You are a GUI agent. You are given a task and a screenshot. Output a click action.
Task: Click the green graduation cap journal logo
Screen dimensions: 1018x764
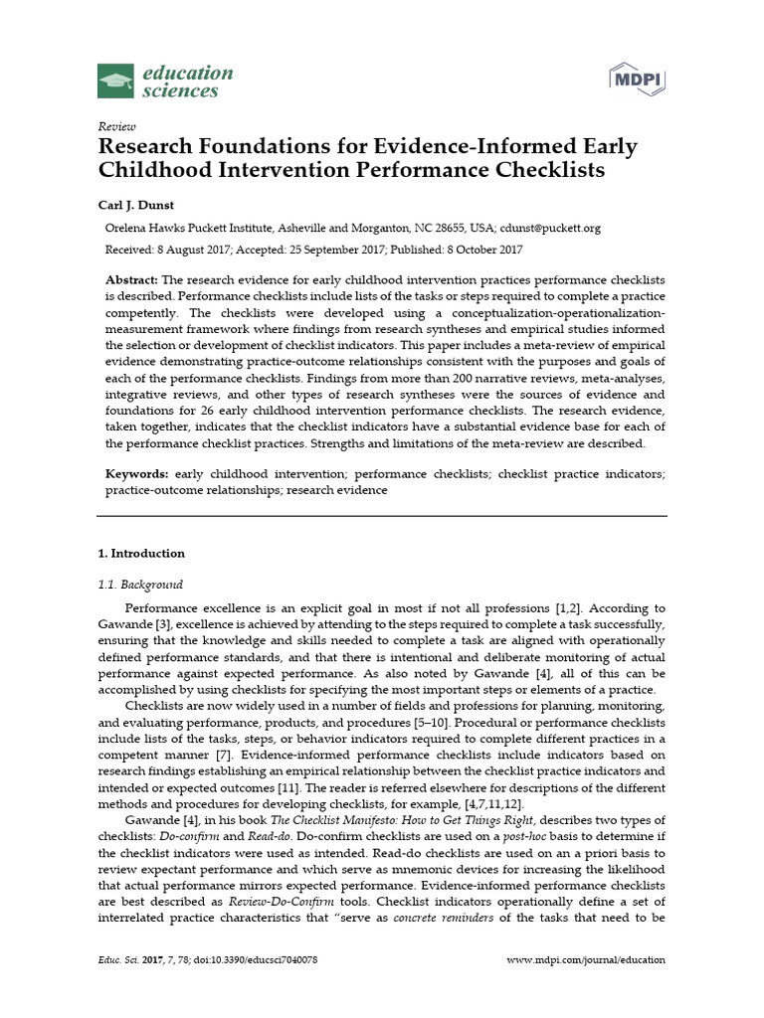pos(115,82)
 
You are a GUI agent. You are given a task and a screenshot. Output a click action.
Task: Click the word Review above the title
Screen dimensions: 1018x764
pos(116,126)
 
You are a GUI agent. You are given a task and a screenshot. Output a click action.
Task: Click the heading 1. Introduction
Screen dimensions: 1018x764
pos(140,553)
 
